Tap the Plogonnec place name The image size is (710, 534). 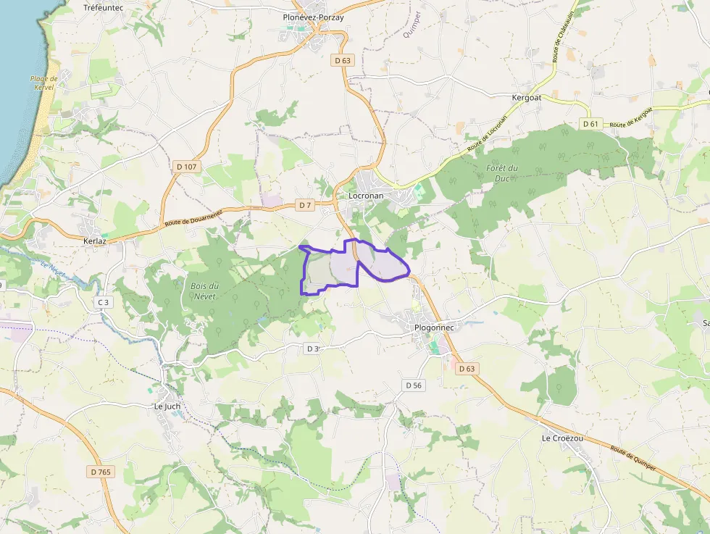point(434,328)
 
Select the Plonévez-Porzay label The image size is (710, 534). point(313,17)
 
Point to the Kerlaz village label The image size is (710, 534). point(95,241)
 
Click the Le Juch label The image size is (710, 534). point(167,406)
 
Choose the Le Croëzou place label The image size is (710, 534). point(562,438)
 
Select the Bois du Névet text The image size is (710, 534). point(205,291)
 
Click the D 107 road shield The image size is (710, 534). point(186,167)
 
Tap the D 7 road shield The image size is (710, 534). point(305,205)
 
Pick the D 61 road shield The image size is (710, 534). point(590,124)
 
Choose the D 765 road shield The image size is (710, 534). point(101,472)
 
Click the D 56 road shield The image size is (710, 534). point(413,385)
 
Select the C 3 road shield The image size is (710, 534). point(104,302)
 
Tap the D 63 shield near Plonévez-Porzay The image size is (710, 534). point(343,61)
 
